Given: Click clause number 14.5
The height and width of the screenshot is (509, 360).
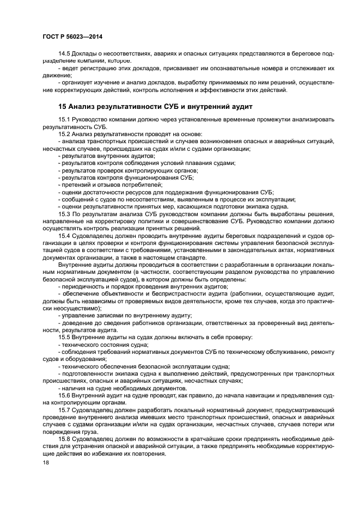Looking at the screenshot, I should coord(65,55).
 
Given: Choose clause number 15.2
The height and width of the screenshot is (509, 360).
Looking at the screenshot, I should coord(65,134).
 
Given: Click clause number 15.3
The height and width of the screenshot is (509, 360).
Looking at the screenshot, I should coord(65,214).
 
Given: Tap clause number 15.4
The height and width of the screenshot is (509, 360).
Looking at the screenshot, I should coord(65,236).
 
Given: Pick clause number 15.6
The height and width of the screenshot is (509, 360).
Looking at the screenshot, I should coord(65,396).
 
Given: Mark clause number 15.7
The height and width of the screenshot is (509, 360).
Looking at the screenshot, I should coord(65,411).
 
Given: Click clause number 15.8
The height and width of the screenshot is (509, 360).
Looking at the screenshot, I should coord(65,440).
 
